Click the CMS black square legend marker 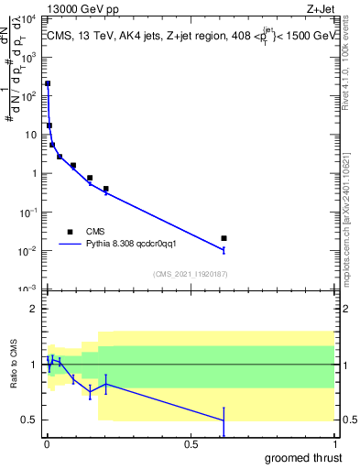point(70,232)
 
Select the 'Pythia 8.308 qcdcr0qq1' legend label point(137,245)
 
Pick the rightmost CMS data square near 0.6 point(224,238)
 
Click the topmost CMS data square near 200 point(48,83)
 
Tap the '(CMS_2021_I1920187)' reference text point(190,274)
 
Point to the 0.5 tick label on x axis point(191,444)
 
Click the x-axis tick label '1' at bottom point(335,444)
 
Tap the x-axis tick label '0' point(47,444)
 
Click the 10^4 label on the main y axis point(29,19)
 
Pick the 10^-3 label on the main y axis point(29,289)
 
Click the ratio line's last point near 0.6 point(224,421)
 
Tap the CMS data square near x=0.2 point(106,189)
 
